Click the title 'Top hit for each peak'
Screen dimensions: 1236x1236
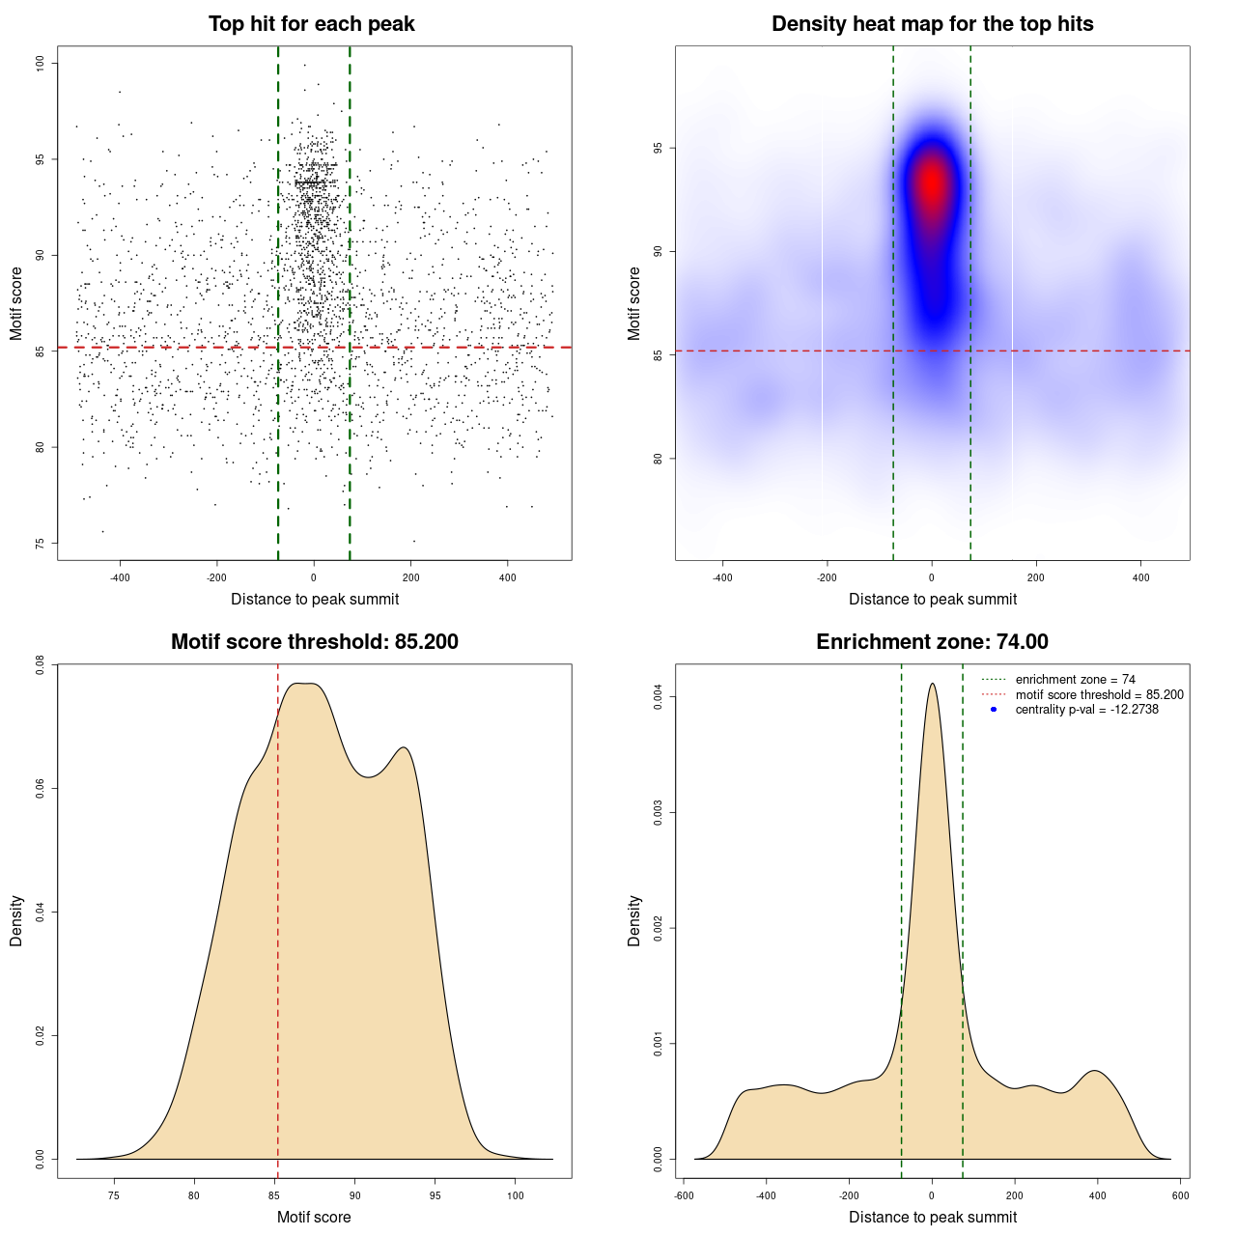pos(311,24)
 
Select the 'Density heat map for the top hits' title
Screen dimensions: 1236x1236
pos(932,24)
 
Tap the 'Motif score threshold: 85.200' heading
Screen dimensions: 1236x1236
pos(314,642)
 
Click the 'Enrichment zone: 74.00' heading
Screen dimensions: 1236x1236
pos(932,642)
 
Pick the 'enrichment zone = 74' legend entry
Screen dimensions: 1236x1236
pos(1075,680)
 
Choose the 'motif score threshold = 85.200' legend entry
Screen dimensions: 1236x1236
pos(1099,695)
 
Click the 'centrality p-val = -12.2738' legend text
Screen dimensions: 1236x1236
pos(1086,710)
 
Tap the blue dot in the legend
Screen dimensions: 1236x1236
pos(994,710)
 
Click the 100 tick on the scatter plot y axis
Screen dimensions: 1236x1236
pos(40,64)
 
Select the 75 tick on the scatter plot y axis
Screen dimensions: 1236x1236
pos(40,544)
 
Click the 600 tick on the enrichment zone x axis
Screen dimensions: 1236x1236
pos(1181,1195)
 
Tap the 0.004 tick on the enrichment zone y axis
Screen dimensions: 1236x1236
pos(658,697)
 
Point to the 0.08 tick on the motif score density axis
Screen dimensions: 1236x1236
pos(40,664)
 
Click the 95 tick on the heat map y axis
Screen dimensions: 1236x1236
pos(658,149)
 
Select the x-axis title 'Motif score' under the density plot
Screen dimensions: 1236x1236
pos(314,1217)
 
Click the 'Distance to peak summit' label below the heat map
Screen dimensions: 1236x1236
pos(932,599)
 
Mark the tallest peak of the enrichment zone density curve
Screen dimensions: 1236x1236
pos(932,684)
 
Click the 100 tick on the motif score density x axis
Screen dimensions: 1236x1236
pos(516,1195)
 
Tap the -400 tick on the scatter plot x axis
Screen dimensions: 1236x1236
pos(120,577)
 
